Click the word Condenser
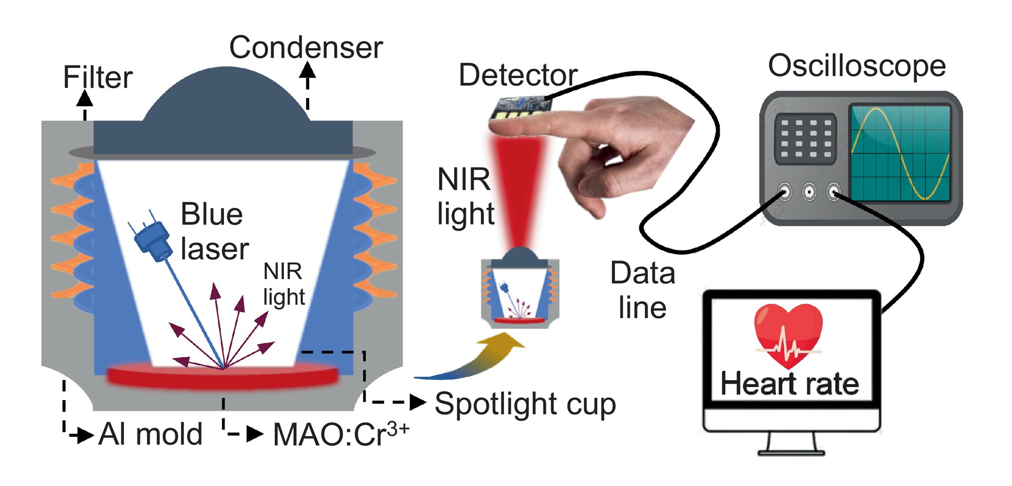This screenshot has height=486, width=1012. (x=305, y=48)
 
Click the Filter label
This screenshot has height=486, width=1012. (x=97, y=78)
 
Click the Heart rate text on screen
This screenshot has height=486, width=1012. (x=789, y=384)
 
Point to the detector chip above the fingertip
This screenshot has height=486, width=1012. (x=521, y=107)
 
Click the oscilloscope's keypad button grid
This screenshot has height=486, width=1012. (x=805, y=138)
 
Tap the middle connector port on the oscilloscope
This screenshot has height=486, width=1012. (x=809, y=192)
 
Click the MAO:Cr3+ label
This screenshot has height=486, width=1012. (x=341, y=434)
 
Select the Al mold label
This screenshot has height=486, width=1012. (x=150, y=434)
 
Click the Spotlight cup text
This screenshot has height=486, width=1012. (x=525, y=404)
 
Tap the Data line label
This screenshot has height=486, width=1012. (x=642, y=290)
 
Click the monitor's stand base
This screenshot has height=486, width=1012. (x=790, y=451)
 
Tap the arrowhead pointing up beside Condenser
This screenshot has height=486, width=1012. (x=307, y=71)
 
